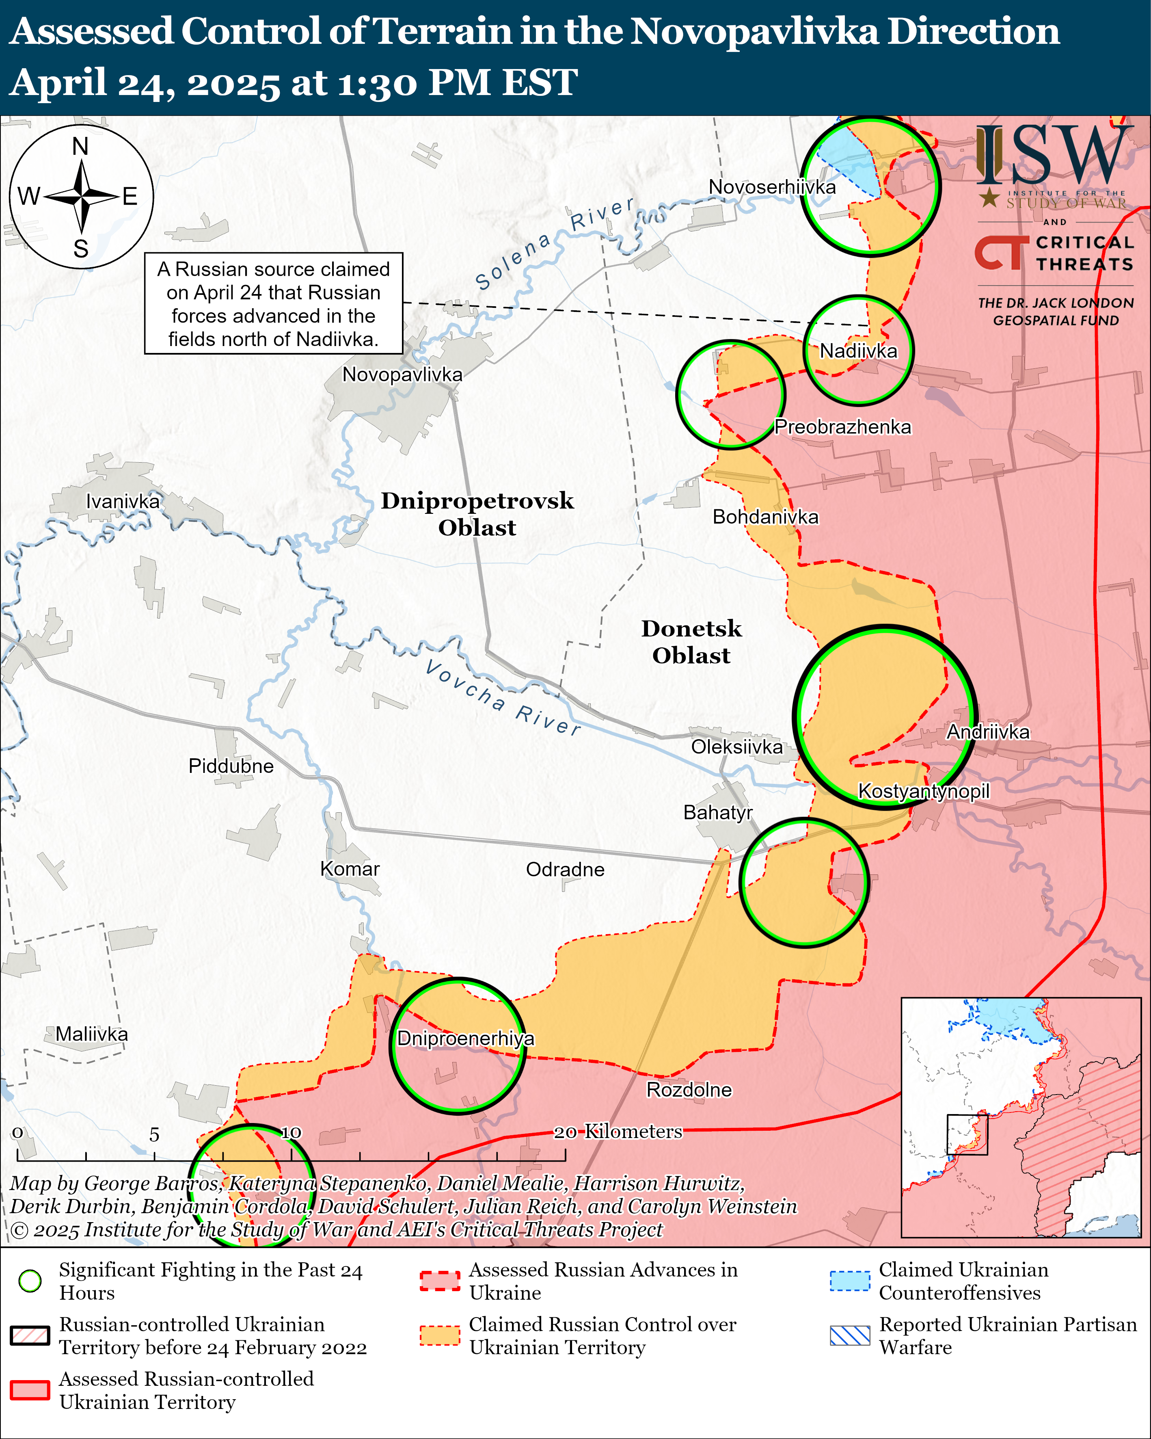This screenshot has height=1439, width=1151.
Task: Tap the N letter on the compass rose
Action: pos(81,146)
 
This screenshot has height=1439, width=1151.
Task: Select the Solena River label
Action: pos(554,244)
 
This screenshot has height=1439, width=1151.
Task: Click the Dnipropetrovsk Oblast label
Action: pos(477,514)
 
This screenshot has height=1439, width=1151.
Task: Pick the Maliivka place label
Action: pos(91,1034)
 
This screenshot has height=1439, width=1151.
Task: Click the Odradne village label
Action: pos(565,869)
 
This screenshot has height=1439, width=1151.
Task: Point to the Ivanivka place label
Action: pos(123,501)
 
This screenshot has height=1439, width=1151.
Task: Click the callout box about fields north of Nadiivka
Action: pos(274,304)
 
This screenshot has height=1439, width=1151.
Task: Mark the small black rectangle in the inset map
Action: pos(967,1135)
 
